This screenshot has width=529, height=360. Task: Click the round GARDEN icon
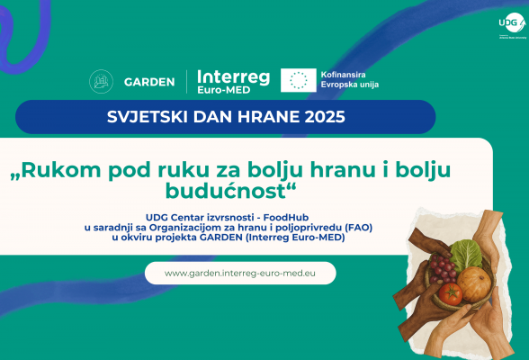point(102,81)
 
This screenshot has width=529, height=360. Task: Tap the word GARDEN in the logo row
point(148,82)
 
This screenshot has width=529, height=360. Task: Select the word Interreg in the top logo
point(233,76)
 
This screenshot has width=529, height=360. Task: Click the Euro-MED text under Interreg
point(220,91)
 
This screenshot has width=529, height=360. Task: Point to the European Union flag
point(299,80)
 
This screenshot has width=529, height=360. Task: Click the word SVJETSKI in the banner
point(170,117)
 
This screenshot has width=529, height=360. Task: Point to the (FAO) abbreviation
point(355,228)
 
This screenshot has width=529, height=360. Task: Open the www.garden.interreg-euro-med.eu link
point(239,273)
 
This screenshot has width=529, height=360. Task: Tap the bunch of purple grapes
point(440,267)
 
